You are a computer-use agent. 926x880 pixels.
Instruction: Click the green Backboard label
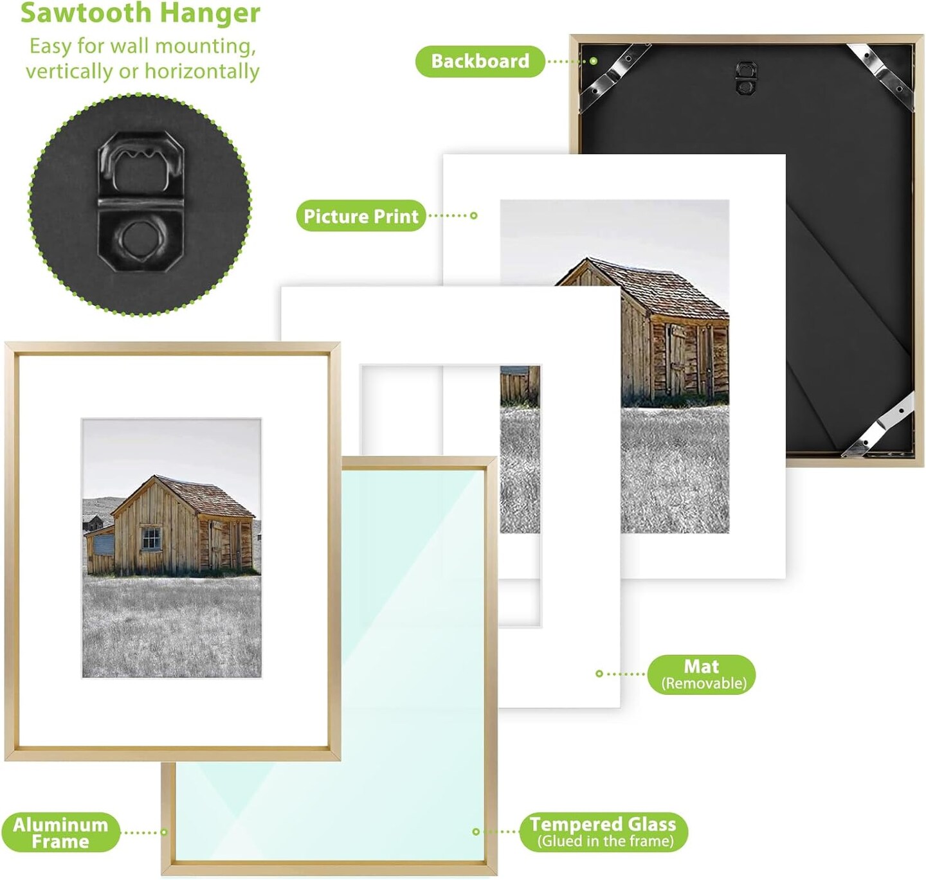pos(480,61)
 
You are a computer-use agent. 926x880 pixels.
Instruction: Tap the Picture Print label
pos(361,215)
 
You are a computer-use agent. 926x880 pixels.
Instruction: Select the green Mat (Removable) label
pos(702,674)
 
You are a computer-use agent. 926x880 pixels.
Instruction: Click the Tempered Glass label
pos(603,832)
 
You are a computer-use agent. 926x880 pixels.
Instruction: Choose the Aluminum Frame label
pos(60,832)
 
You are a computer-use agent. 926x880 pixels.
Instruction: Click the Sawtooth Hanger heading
pos(140,13)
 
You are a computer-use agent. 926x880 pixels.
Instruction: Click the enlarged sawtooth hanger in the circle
pos(140,201)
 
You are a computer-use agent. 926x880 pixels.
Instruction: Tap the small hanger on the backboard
pos(745,77)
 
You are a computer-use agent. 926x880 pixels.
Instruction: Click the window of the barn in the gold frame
pos(151,538)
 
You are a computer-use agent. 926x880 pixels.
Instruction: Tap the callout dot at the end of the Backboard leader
pos(594,61)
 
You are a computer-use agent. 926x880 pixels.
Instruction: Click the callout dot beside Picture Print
pos(474,215)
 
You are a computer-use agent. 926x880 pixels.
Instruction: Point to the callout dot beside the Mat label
pos(599,674)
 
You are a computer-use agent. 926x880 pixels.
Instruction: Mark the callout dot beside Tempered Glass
pos(476,832)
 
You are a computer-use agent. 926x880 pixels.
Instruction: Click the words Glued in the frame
pos(605,841)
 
